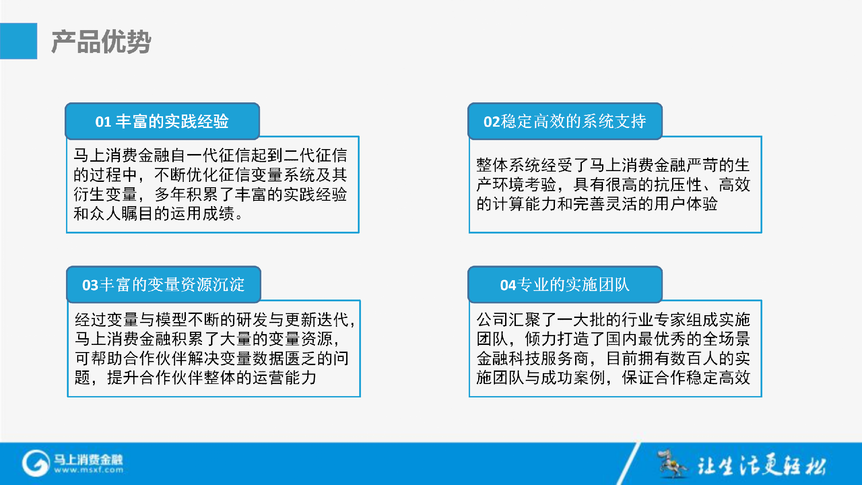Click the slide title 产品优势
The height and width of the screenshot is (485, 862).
101,42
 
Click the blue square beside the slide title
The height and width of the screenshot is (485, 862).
18,41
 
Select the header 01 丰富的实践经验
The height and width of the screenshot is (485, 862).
162,121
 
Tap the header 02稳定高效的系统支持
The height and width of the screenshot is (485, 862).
565,121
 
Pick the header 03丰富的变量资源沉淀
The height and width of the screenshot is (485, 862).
163,285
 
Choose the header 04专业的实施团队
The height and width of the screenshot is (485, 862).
565,285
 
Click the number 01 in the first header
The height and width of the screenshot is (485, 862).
103,122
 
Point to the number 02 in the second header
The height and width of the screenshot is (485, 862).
492,122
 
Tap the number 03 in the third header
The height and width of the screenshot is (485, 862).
90,285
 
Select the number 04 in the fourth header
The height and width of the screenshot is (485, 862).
508,285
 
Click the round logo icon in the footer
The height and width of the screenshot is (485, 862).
35,463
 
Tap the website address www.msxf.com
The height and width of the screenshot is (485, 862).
89,470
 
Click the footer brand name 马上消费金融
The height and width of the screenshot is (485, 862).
88,459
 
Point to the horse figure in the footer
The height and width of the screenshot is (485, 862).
672,463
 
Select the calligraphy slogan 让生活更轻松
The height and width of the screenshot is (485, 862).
761,465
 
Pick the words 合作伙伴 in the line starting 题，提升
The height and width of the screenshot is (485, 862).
172,378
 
